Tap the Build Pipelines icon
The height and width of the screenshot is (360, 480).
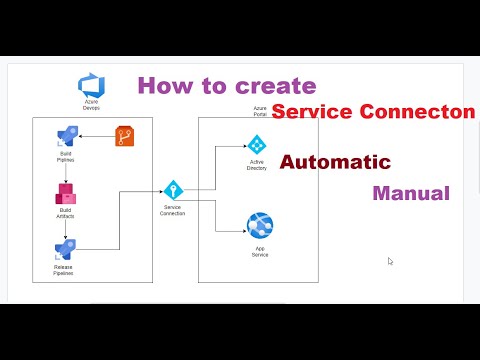pyautogui.click(x=66, y=138)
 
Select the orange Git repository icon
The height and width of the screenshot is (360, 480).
pyautogui.click(x=125, y=137)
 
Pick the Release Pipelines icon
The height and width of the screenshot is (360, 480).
pyautogui.click(x=66, y=249)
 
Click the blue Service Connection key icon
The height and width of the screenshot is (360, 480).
pyautogui.click(x=173, y=190)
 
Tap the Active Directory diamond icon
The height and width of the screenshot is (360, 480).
pyautogui.click(x=255, y=144)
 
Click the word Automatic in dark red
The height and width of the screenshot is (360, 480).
pyautogui.click(x=334, y=161)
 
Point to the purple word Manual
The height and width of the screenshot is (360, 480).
pyautogui.click(x=410, y=192)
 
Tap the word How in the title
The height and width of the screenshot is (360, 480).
pyautogui.click(x=162, y=86)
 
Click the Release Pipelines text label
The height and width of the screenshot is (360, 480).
pyautogui.click(x=66, y=272)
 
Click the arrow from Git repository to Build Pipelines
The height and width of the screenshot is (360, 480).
pyautogui.click(x=98, y=138)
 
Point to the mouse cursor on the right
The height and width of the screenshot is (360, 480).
pyautogui.click(x=390, y=261)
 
